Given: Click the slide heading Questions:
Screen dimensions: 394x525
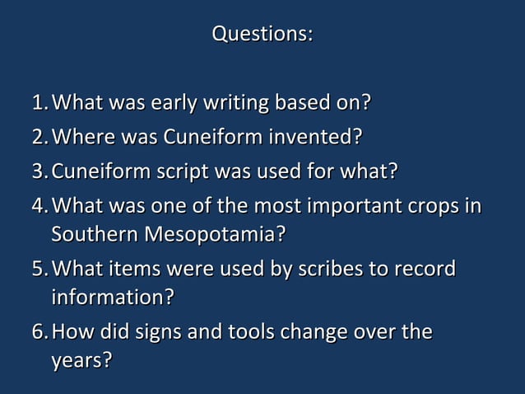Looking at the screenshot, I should pyautogui.click(x=262, y=35).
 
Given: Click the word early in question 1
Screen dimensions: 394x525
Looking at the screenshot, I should pyautogui.click(x=180, y=104).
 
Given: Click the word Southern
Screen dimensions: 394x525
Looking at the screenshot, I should pyautogui.click(x=95, y=234).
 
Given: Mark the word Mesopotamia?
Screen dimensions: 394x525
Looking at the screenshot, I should pyautogui.click(x=216, y=235).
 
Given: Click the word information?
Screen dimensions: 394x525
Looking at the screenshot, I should pyautogui.click(x=112, y=296).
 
